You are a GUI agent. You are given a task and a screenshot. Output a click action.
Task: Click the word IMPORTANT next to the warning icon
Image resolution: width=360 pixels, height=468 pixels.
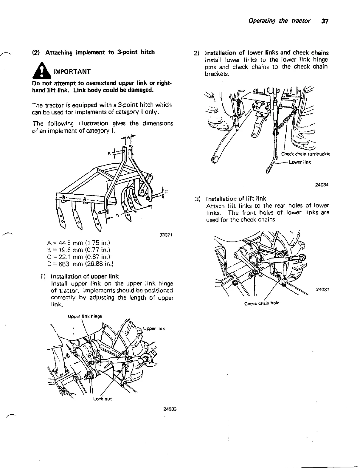72,72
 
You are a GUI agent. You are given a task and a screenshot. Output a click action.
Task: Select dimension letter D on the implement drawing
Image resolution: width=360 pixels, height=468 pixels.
117,216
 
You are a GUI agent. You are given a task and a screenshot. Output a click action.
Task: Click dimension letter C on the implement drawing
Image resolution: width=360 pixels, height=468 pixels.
166,191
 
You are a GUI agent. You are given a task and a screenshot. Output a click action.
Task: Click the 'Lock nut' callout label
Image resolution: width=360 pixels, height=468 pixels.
103,399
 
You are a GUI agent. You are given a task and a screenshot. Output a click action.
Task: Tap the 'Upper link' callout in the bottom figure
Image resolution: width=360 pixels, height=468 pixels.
154,329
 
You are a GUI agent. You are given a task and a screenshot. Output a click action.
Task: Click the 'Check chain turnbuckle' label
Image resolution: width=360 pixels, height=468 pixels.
306,154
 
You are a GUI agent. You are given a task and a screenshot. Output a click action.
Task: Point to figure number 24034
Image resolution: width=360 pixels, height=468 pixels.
322,185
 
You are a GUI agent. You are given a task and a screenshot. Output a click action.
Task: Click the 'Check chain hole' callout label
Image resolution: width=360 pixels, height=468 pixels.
262,303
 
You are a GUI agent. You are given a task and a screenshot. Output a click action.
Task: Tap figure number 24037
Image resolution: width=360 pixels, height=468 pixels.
322,289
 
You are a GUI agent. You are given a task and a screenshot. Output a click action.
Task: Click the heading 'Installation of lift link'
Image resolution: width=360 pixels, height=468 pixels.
236,199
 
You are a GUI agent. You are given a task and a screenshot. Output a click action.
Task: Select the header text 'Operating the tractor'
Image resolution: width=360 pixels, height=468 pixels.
279,21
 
